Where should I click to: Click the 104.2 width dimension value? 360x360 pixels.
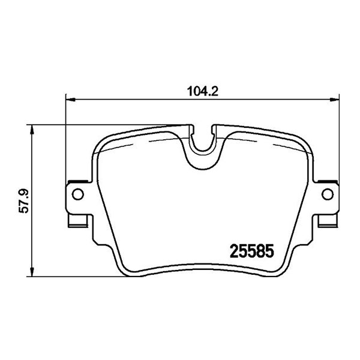[x=203, y=91]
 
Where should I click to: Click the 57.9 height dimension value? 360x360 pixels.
[x=24, y=200]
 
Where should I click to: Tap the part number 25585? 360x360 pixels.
[x=252, y=251]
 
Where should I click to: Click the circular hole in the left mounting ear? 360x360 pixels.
[x=78, y=194]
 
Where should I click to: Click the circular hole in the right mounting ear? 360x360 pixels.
[x=328, y=194]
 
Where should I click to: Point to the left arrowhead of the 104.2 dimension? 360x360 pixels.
[x=70, y=100]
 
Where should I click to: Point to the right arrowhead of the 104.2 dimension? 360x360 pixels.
[x=334, y=100]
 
